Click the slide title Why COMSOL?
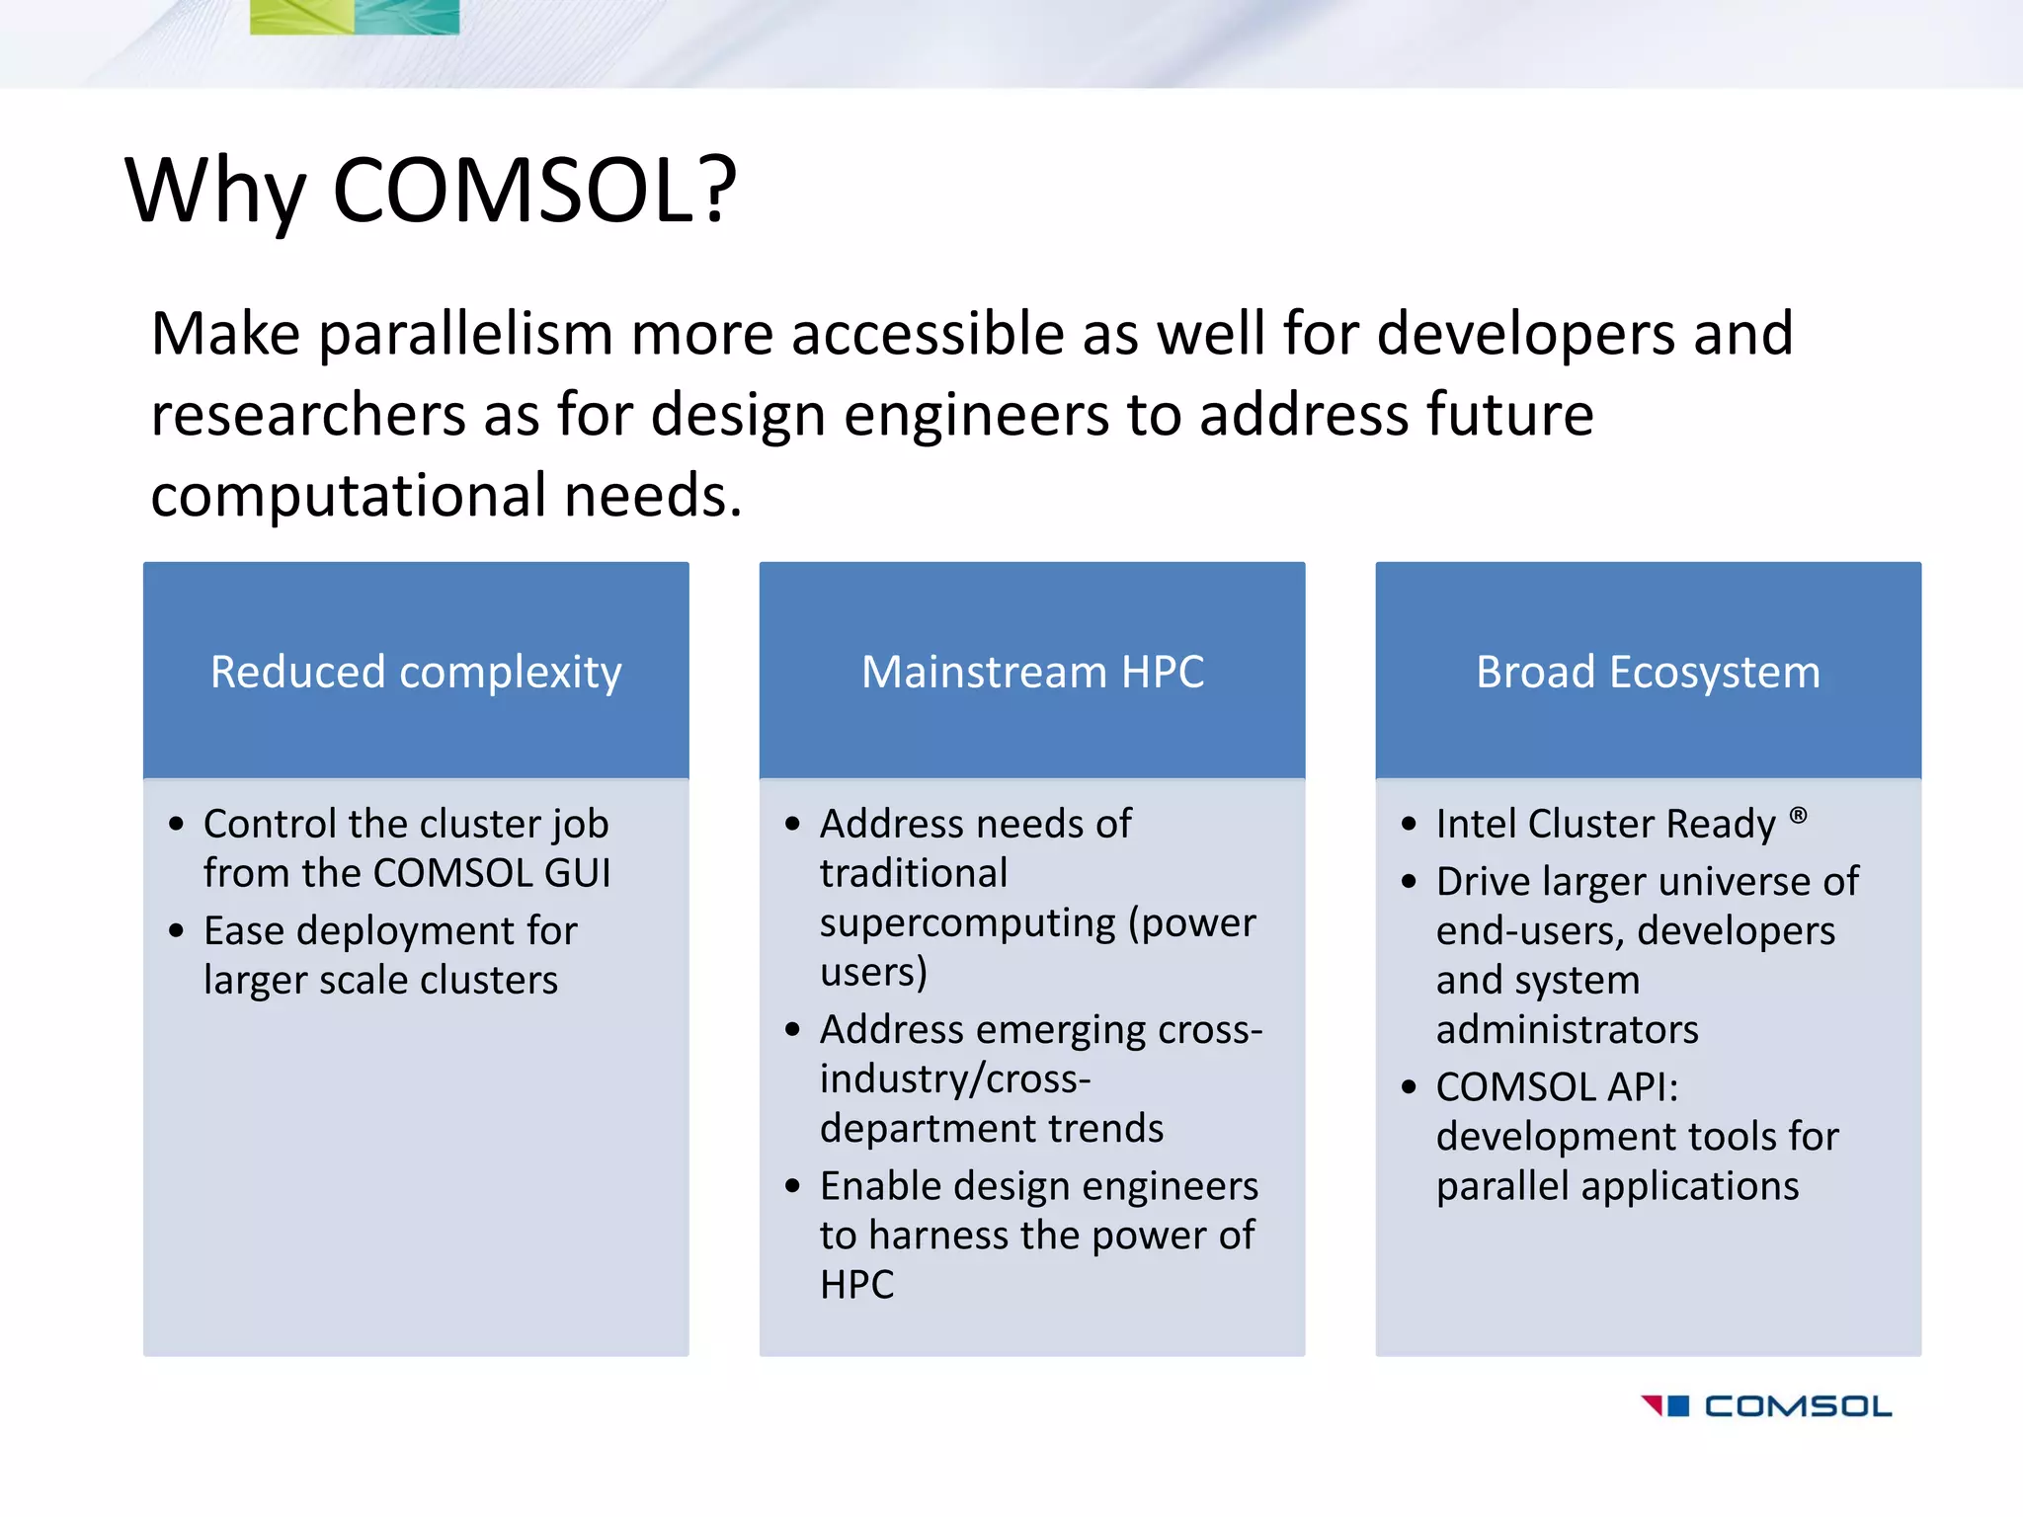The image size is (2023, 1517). [x=431, y=190]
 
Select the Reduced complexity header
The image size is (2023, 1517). [x=416, y=672]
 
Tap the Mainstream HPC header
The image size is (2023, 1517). [x=1032, y=672]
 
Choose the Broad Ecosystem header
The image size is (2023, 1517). [x=1648, y=672]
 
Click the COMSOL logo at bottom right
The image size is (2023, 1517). [x=1766, y=1405]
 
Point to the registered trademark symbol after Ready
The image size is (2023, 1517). [x=1798, y=816]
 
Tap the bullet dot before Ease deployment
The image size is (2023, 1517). [x=177, y=930]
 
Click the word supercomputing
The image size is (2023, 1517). [x=967, y=923]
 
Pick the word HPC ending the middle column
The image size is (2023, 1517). [x=856, y=1285]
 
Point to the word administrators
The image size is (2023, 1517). [x=1567, y=1030]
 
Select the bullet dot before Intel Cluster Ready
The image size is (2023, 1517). [x=1409, y=824]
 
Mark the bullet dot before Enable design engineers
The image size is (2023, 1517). [x=792, y=1185]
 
